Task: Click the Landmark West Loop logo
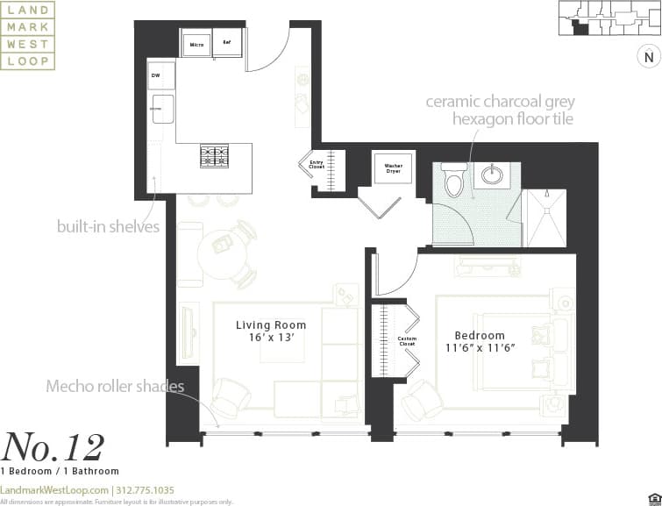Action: (x=28, y=36)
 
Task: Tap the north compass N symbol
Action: (x=647, y=58)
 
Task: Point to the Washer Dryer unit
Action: (x=387, y=169)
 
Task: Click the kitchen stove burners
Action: (x=215, y=156)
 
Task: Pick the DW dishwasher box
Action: (x=156, y=76)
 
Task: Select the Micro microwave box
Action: (x=196, y=44)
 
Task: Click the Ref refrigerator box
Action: (x=227, y=42)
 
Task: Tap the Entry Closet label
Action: (x=317, y=164)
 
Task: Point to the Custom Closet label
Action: (x=406, y=341)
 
